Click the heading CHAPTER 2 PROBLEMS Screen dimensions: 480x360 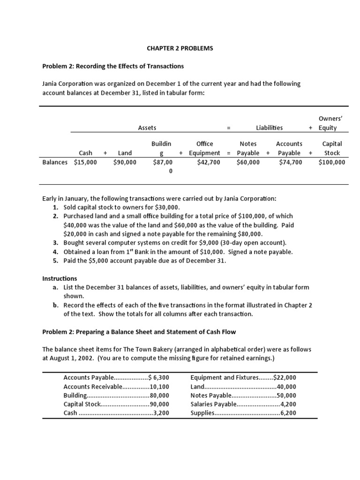pos(180,48)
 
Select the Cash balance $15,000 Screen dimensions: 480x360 pos(85,162)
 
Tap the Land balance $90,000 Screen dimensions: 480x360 pos(125,162)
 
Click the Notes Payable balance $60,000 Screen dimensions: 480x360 pos(248,162)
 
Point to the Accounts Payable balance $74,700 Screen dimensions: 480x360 pos(290,162)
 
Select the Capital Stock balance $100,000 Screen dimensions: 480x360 pos(331,162)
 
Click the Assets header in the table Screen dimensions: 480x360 pos(147,127)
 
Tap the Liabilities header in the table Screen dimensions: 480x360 pos(269,127)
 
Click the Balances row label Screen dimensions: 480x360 pos(55,162)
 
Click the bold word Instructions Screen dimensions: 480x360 pos(60,278)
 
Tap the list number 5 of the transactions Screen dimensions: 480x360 pos(55,261)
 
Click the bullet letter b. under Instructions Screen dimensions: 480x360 pos(56,305)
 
